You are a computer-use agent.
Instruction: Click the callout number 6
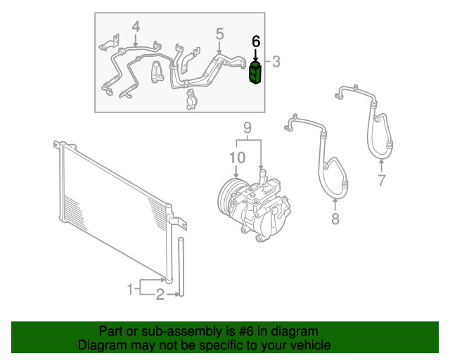[x=256, y=41]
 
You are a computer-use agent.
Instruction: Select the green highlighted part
[x=255, y=73]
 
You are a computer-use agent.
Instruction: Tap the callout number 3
[x=276, y=62]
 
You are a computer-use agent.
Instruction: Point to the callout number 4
[x=136, y=27]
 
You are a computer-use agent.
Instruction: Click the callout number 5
[x=219, y=33]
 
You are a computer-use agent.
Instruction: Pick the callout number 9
[x=247, y=127]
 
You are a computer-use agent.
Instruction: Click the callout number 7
[x=382, y=181]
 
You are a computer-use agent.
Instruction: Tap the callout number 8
[x=335, y=219]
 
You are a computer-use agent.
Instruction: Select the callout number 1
[x=130, y=288]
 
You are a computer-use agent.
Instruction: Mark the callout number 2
[x=160, y=295]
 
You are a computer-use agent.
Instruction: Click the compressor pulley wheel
[x=229, y=198]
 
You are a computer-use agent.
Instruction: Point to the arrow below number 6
[x=256, y=55]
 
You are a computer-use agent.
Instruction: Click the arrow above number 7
[x=382, y=166]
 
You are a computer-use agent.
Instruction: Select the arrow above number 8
[x=335, y=203]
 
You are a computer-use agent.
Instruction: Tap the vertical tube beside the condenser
[x=181, y=267]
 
